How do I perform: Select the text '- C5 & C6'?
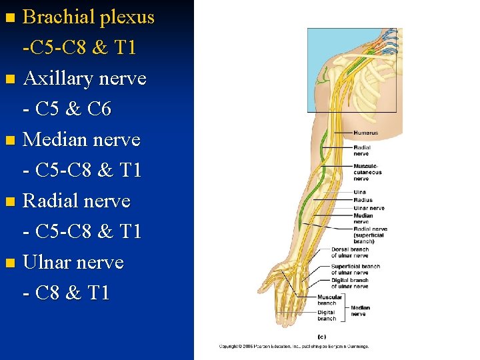[67, 109]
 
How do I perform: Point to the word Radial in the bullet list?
[51, 201]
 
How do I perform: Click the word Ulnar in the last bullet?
[47, 262]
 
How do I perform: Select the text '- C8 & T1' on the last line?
[66, 293]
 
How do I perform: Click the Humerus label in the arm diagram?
[365, 133]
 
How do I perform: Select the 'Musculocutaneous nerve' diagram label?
[367, 172]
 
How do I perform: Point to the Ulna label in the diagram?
[359, 192]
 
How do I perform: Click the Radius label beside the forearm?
[363, 200]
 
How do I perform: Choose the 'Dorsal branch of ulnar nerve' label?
[349, 253]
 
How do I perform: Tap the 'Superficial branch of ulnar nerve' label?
[355, 269]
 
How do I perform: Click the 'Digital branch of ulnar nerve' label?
[349, 283]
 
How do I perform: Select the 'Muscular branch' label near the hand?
[330, 300]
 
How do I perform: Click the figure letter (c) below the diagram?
[321, 336]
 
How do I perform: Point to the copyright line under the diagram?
[294, 347]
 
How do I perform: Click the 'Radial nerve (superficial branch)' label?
[370, 233]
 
